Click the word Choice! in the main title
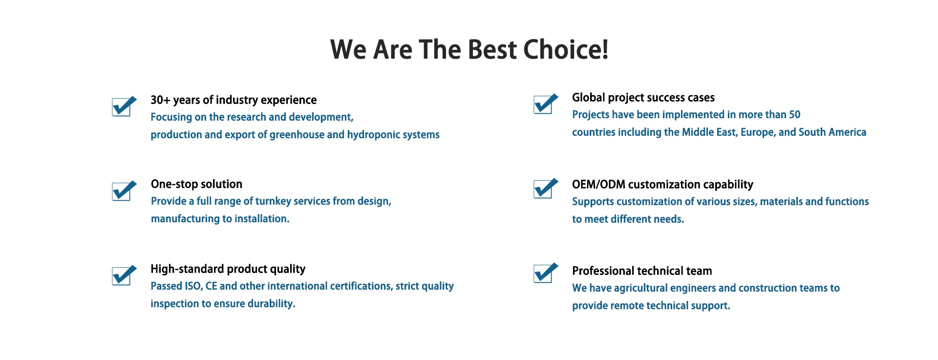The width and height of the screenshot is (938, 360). [x=566, y=49]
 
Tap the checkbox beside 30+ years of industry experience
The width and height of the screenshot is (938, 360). [x=124, y=106]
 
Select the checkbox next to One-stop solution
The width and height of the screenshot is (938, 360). [x=124, y=191]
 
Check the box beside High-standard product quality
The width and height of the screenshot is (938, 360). [x=124, y=275]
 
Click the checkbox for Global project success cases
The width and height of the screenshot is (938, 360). [x=546, y=104]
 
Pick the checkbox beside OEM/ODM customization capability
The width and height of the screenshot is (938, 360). [x=546, y=188]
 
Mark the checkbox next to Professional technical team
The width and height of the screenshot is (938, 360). [x=546, y=273]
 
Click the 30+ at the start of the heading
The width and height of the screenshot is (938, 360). [x=160, y=100]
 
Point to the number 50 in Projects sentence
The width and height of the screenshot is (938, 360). [x=795, y=114]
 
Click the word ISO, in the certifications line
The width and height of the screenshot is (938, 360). [x=193, y=286]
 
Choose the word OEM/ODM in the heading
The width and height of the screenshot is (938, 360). [x=598, y=185]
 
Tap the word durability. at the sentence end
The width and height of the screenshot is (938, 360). [x=272, y=303]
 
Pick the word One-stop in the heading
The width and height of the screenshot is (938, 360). [x=173, y=184]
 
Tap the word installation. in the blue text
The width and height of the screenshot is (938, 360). [x=262, y=219]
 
